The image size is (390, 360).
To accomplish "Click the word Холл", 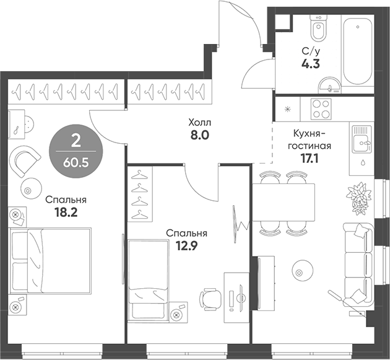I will pos(199,123).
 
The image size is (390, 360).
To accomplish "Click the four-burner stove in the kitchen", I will pos(321,109).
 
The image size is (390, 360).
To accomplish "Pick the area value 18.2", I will pos(65,212).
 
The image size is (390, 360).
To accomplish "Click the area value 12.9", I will pos(186,246).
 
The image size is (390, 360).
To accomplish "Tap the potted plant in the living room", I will pos(360,197).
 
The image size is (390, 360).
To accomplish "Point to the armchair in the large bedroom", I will pos(27,160).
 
